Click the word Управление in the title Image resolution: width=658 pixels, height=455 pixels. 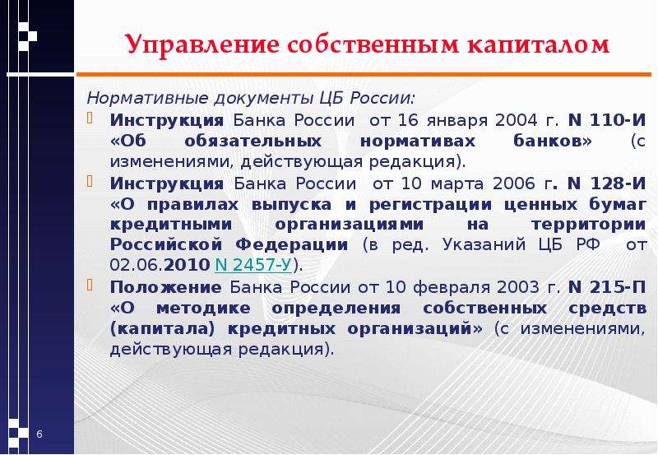pos(202,45)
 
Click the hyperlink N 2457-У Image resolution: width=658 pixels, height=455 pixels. pos(253,264)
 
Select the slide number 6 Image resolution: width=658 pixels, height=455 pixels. pos(39,434)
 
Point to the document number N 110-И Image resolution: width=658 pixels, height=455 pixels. pos(607,120)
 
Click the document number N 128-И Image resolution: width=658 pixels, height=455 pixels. pos(607,183)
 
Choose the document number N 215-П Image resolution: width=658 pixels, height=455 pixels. pos(607,287)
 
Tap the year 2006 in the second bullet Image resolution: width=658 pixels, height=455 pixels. pos(513,183)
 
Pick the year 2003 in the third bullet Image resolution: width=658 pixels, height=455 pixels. pos(518,287)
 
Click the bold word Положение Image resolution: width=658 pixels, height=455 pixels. pos(166,287)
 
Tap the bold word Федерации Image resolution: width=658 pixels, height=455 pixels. pos(292,244)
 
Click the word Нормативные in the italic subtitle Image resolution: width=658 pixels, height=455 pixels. pos(147,98)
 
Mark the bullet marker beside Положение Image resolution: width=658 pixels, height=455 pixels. pos(90,285)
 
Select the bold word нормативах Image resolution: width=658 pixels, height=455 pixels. pos(418,141)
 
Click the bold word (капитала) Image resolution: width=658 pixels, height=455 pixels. pos(162,328)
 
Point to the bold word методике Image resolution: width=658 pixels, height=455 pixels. pos(203,308)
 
